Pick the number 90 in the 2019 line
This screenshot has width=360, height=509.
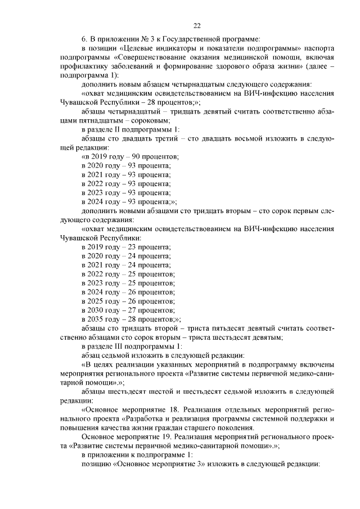pyautogui.click(x=136, y=156)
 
